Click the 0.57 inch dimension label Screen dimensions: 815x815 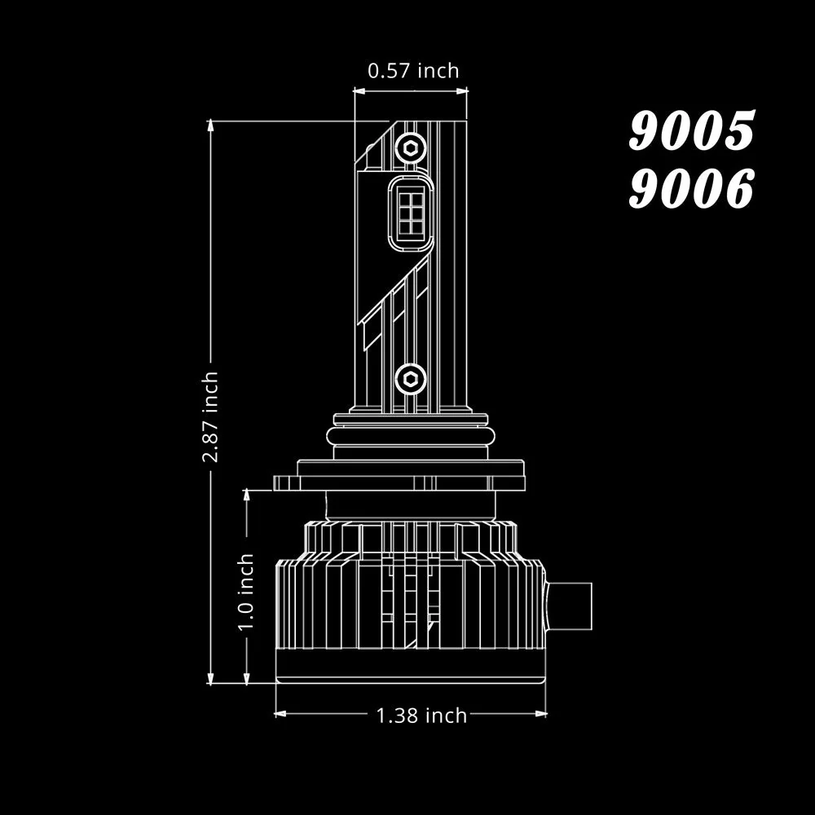(x=413, y=71)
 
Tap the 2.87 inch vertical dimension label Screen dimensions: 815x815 (x=210, y=416)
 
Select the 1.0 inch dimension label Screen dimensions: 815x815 (x=246, y=592)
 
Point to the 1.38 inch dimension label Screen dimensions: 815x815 (x=421, y=716)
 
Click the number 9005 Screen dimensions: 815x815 (x=692, y=130)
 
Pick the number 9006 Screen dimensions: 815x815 (x=692, y=187)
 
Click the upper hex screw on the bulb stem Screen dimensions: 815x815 (x=410, y=149)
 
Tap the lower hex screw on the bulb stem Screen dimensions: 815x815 (x=410, y=379)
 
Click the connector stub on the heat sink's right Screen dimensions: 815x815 (x=569, y=606)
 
